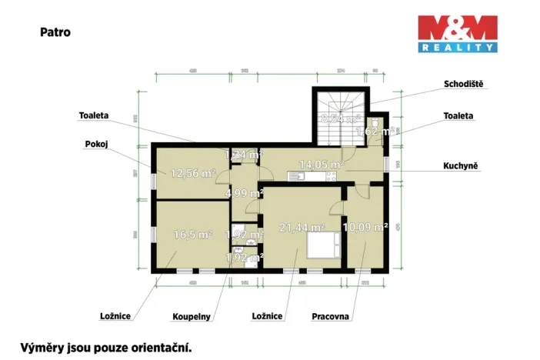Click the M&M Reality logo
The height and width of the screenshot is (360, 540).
[456, 34]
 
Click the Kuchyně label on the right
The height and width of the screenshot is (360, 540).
[462, 165]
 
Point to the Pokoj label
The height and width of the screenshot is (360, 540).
[96, 144]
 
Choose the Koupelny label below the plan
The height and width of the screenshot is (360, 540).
[192, 316]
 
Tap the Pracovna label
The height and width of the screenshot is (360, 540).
[331, 316]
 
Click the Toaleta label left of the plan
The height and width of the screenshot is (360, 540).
[93, 115]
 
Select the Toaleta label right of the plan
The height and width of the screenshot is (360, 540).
[458, 115]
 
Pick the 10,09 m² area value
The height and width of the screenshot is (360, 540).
[365, 227]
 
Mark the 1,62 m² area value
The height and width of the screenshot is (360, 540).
[374, 132]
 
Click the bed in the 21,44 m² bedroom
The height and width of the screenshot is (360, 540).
[322, 245]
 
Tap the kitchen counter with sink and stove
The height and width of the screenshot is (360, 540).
[312, 177]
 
